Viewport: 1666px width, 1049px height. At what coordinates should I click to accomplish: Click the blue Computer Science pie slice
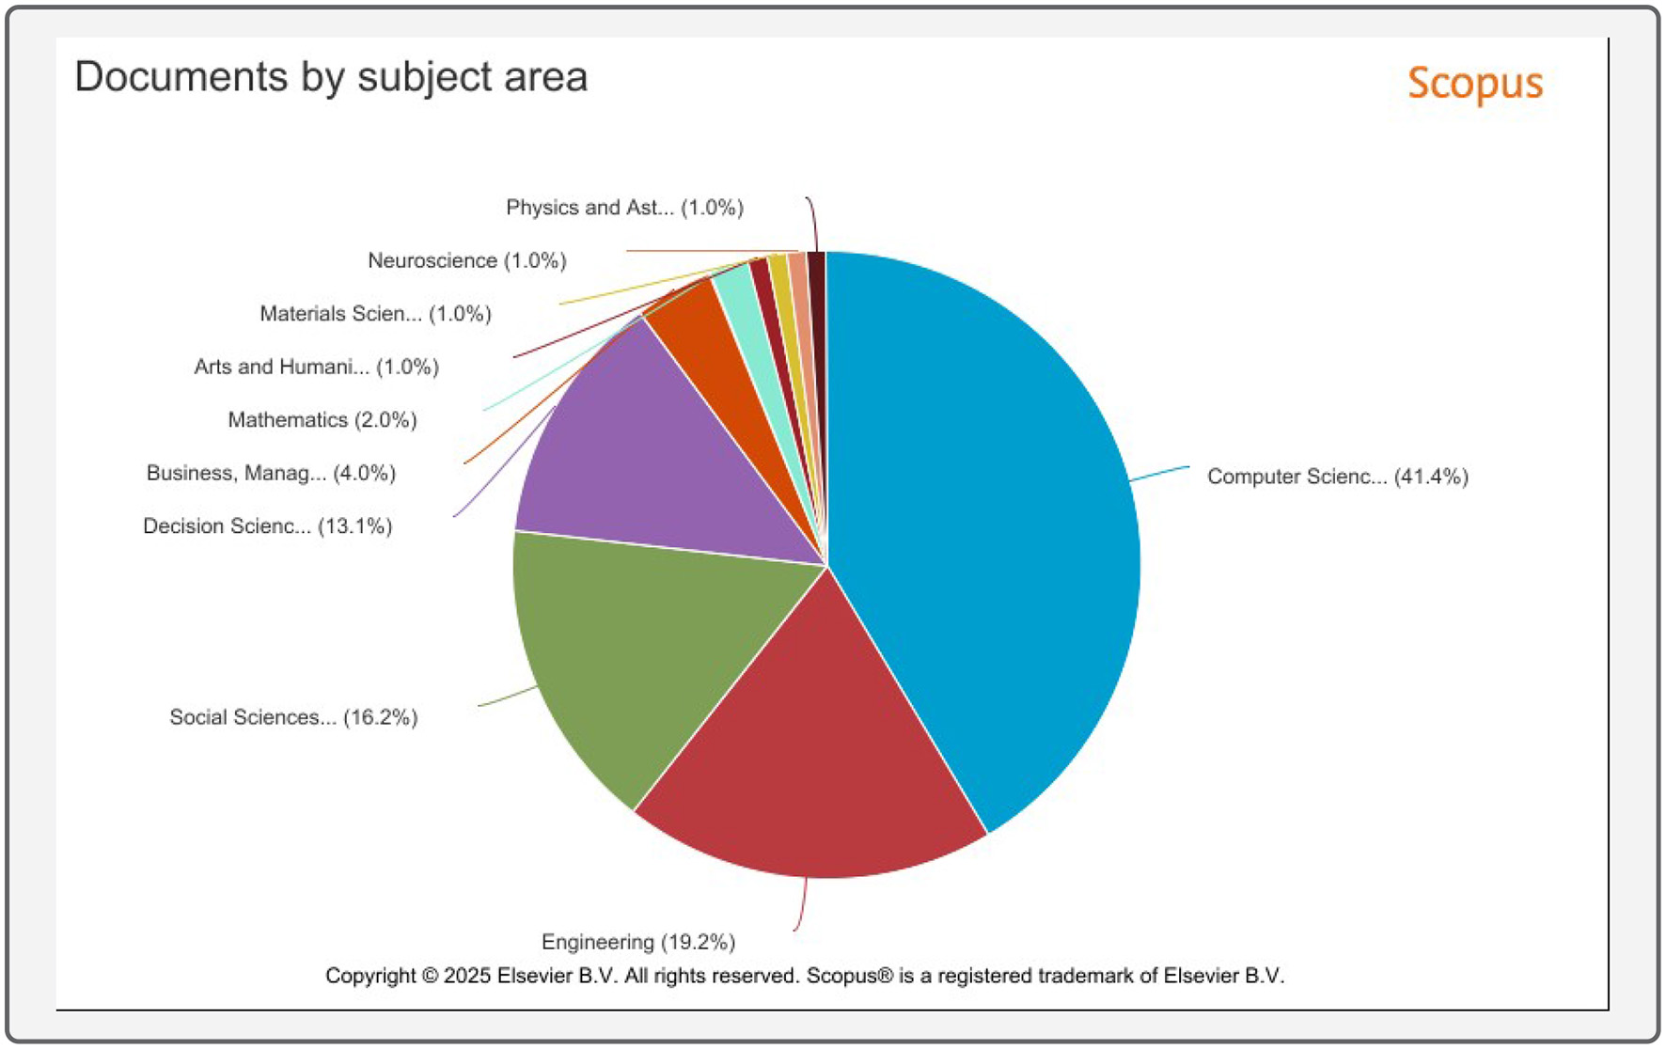click(x=987, y=526)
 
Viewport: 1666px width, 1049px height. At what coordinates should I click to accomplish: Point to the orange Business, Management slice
click(x=715, y=348)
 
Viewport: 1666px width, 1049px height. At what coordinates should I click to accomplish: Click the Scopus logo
click(x=1474, y=84)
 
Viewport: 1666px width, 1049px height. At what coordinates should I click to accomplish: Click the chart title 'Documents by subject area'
click(x=331, y=77)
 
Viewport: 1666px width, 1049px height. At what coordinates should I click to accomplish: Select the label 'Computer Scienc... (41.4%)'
click(x=1337, y=477)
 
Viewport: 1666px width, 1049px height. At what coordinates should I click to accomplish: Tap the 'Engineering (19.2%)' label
click(x=637, y=942)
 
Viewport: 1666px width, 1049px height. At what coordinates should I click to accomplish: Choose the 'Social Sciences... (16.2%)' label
click(x=293, y=717)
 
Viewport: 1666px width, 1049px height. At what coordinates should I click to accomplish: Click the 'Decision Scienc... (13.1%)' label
click(x=267, y=526)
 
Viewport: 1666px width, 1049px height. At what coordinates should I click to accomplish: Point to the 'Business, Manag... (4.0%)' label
click(x=271, y=473)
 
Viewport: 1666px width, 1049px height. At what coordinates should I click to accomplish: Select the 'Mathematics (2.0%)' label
click(x=322, y=420)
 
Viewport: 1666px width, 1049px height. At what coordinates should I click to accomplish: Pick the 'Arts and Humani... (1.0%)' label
click(x=316, y=367)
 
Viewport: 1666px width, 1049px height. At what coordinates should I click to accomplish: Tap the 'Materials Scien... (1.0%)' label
click(x=375, y=314)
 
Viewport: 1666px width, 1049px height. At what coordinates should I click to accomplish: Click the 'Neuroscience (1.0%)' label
click(x=466, y=260)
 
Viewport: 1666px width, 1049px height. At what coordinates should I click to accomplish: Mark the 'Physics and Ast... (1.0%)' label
click(x=624, y=208)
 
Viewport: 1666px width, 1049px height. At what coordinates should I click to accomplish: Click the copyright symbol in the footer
click(x=430, y=976)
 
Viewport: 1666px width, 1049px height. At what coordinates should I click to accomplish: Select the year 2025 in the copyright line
click(x=466, y=976)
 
